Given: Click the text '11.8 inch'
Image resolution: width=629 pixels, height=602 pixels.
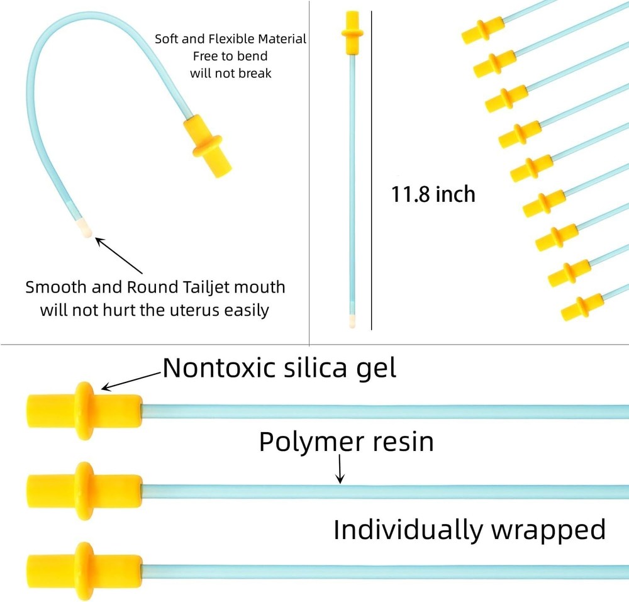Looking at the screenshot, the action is pos(433,194).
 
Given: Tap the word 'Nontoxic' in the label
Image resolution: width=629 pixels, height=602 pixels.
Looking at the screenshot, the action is pos(219,367).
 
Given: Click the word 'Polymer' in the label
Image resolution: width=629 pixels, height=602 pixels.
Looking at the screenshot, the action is pos(310,443).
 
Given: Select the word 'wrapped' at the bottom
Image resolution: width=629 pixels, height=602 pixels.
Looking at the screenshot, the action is pos(548,531).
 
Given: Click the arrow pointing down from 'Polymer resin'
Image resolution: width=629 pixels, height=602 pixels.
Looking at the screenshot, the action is pos(340,469).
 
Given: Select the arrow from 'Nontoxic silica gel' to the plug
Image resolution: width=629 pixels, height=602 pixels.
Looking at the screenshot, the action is pos(131,381).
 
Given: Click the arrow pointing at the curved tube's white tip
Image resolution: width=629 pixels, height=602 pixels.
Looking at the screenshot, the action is pos(119,255).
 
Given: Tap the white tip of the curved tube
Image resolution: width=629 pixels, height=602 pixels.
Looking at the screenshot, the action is pos(85,228).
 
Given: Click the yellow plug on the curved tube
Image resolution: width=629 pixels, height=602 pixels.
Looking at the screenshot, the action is pos(208,146).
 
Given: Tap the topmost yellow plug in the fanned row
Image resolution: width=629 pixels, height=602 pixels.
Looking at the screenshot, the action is pos(482,30).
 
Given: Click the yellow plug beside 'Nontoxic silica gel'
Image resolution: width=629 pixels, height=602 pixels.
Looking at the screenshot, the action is pos(84,411).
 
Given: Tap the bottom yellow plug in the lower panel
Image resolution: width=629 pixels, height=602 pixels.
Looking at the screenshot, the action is pos(84,571).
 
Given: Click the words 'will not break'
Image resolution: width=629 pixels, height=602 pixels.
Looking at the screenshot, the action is pos(231,74).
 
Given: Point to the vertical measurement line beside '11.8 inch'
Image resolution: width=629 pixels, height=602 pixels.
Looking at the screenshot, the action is pos(372,170).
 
